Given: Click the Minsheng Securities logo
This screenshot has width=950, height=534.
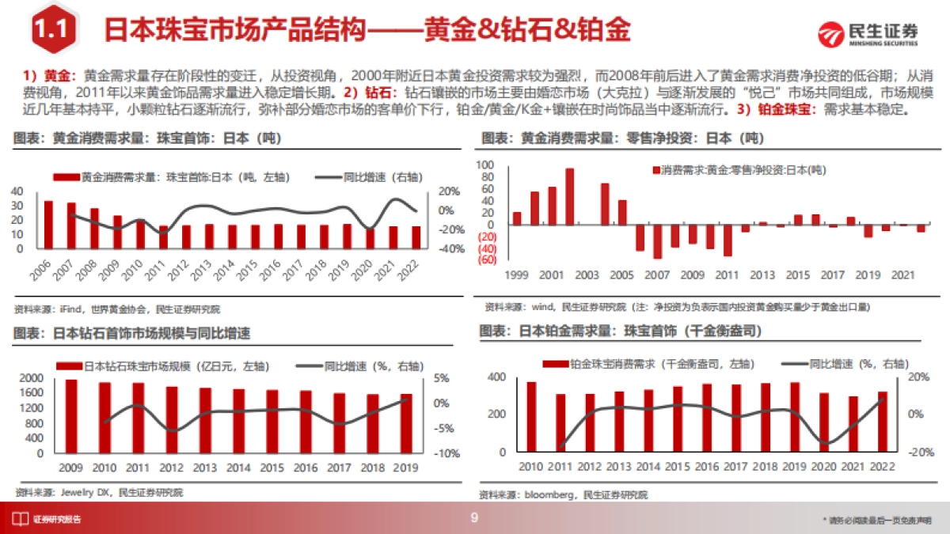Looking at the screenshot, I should tap(868, 33).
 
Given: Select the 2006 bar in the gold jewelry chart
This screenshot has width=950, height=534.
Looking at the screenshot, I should tap(48, 225).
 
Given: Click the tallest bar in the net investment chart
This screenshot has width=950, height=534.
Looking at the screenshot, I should tap(569, 196).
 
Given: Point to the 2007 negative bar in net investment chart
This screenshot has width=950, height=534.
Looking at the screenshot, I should tap(657, 242).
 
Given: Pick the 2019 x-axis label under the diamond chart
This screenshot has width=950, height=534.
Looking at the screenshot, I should tap(406, 468).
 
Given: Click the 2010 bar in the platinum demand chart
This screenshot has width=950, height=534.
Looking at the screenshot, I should tap(531, 417).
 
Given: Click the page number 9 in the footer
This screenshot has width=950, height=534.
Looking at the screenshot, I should tap(474, 518).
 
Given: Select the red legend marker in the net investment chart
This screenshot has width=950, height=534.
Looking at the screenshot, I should tap(655, 170).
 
